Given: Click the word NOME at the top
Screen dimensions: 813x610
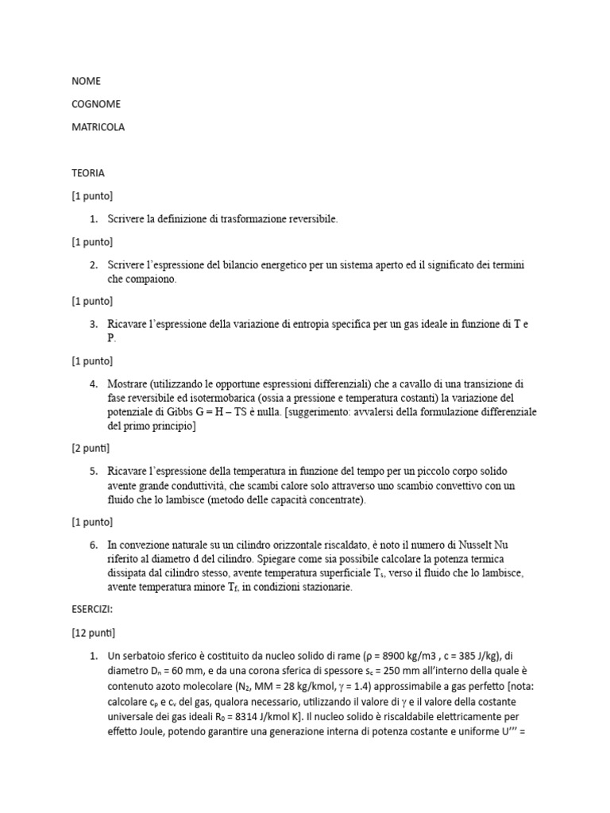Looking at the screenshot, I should pos(86,81).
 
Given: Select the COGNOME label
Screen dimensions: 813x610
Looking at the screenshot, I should pos(96,104).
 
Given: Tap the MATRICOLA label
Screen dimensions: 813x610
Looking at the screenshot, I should pos(98,127).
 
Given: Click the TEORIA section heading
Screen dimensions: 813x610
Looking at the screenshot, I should pos(88,172).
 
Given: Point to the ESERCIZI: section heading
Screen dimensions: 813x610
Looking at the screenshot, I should pos(92,611).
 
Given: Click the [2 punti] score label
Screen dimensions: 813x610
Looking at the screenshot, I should pos(91,449).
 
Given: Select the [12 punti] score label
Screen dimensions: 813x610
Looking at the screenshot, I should pos(94,633).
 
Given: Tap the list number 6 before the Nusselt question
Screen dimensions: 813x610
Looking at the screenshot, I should pos(93,545).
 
